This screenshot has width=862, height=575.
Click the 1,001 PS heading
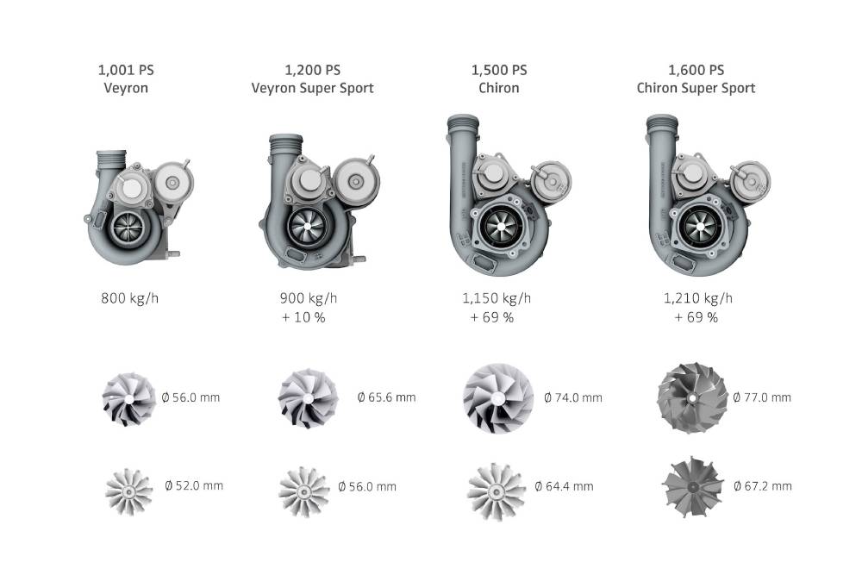tap(126, 71)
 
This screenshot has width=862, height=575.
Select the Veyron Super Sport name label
tap(312, 89)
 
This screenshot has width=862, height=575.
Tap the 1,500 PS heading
tap(499, 71)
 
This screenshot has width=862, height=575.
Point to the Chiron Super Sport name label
tap(696, 89)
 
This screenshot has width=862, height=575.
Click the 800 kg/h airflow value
tap(130, 298)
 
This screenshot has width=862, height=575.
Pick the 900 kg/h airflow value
tap(309, 298)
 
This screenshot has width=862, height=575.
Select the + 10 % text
tap(303, 318)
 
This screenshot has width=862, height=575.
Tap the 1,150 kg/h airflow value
tap(497, 298)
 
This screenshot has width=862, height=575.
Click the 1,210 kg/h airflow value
tap(697, 298)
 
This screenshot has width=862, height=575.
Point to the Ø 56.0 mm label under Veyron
tap(191, 397)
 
